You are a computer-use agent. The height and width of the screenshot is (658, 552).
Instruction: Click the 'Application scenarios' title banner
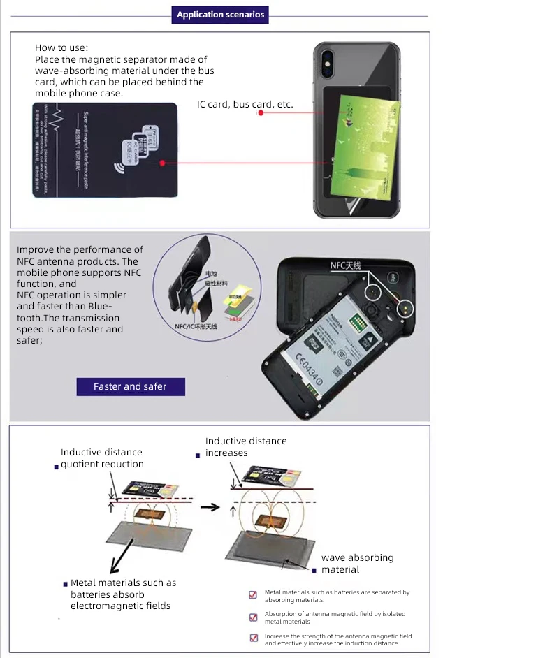point(220,15)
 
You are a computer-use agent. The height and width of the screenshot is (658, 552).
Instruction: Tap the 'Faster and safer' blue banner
point(130,386)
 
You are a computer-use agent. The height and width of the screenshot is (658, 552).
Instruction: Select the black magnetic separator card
point(104,150)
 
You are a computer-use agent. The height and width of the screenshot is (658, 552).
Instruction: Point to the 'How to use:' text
point(61,47)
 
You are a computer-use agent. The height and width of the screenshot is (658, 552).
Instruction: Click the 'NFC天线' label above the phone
point(344,265)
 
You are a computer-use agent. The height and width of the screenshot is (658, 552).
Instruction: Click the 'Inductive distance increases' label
point(245,447)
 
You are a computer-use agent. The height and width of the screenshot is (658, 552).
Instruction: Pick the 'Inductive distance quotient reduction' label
point(102,458)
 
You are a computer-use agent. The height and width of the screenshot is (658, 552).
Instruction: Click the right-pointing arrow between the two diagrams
point(210,506)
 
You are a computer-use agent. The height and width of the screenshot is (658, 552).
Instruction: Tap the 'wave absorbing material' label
point(357,564)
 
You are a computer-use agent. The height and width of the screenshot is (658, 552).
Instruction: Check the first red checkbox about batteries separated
point(253,595)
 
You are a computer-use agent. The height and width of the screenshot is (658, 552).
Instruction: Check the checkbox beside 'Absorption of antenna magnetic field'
point(253,617)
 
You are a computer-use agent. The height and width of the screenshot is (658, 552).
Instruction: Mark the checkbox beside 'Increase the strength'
point(253,638)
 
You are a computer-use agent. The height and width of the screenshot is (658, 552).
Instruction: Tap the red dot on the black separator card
point(162,163)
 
